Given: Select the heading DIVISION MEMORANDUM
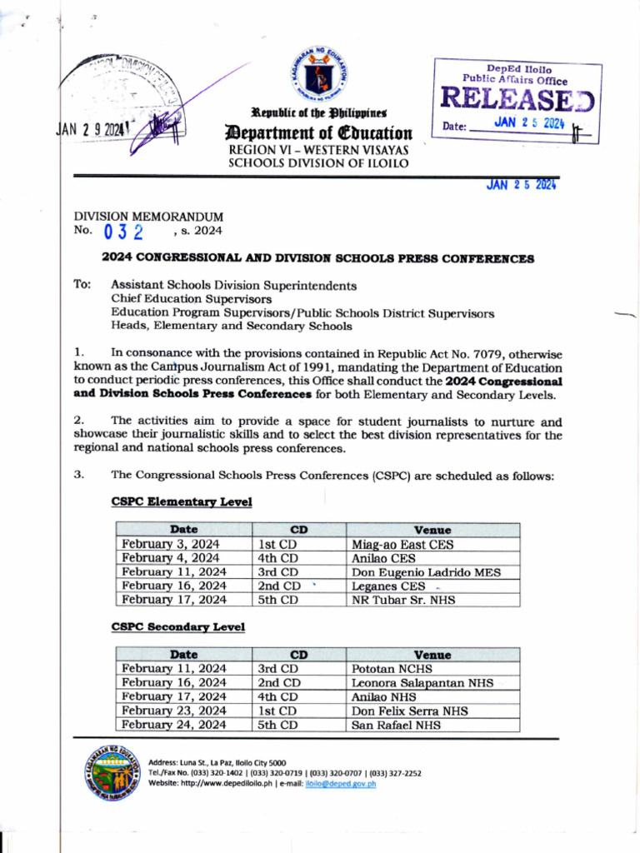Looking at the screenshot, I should pos(148,217).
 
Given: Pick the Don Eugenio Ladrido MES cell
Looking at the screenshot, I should pos(426,572).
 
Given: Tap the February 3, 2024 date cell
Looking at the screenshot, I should pos(171,545).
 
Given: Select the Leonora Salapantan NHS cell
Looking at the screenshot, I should pos(422,683).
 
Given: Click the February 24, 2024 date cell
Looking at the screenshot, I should pos(174,726).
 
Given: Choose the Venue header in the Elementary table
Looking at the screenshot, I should pos(432,530).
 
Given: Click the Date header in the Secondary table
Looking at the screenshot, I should pos(183,655).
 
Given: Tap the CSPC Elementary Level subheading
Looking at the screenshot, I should pos(181,502).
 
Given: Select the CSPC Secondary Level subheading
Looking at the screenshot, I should pos(177,626).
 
